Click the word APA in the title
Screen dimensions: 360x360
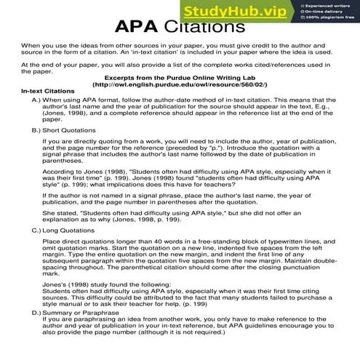pos(140,27)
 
